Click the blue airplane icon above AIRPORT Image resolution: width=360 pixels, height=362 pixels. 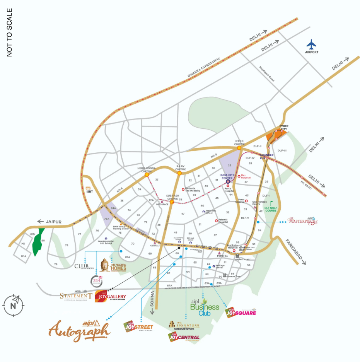(311, 44)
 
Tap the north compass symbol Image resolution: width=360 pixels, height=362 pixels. (13, 304)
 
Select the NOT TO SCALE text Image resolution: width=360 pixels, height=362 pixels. (10, 32)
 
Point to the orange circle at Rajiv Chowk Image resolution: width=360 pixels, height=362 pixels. (179, 173)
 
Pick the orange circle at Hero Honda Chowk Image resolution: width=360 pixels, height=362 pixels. (147, 175)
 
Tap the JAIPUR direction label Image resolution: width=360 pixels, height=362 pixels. (53, 222)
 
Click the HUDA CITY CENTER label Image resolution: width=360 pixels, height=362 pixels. (228, 176)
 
